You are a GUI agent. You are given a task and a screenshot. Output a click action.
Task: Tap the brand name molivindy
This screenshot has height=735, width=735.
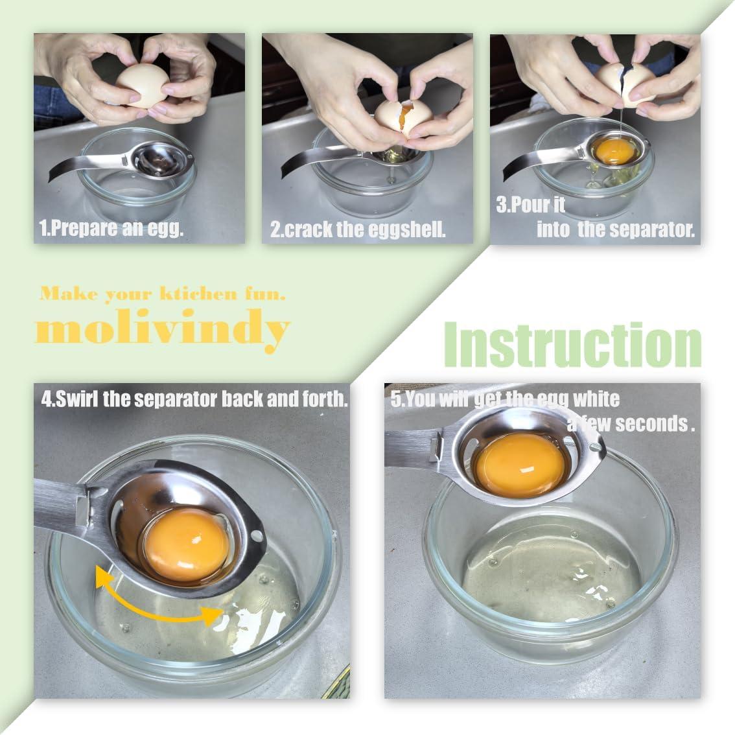(x=162, y=329)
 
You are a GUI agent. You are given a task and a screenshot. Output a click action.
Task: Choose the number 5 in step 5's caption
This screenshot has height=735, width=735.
(x=395, y=399)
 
